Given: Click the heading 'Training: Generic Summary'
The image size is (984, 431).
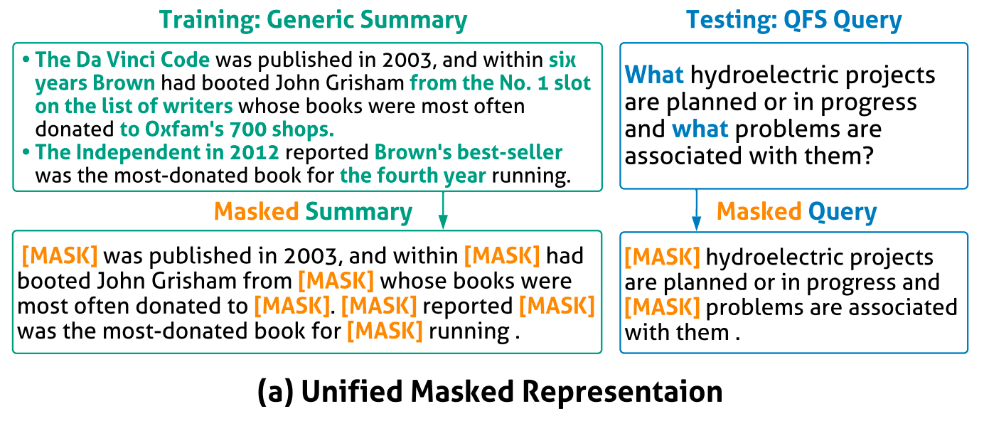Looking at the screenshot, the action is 314,20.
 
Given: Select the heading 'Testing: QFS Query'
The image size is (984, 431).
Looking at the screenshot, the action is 793,20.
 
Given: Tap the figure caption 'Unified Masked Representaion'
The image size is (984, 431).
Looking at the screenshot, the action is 512,391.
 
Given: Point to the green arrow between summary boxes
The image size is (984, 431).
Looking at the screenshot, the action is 443,210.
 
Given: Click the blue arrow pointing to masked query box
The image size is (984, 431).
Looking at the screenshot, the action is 696,210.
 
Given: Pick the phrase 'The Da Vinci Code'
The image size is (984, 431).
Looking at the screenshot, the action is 122,60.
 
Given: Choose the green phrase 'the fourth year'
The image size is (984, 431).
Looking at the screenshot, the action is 413,176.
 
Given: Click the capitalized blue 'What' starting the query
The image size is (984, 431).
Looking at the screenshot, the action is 654,75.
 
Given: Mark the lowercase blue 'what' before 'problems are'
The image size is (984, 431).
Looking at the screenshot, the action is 700,129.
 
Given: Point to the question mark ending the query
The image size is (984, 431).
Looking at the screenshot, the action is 867,156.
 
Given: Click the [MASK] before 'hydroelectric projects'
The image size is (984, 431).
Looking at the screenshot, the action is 662,257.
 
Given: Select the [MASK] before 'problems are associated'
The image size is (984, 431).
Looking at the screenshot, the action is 662,307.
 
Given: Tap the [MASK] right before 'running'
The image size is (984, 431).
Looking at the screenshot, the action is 385,331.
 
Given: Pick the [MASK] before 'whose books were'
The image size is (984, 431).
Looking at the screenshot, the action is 336,281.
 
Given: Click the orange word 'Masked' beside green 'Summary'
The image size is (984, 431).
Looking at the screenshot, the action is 257,211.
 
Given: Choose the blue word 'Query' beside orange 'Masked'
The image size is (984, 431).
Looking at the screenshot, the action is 843,212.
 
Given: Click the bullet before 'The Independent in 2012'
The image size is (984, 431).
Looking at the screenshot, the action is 26,152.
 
